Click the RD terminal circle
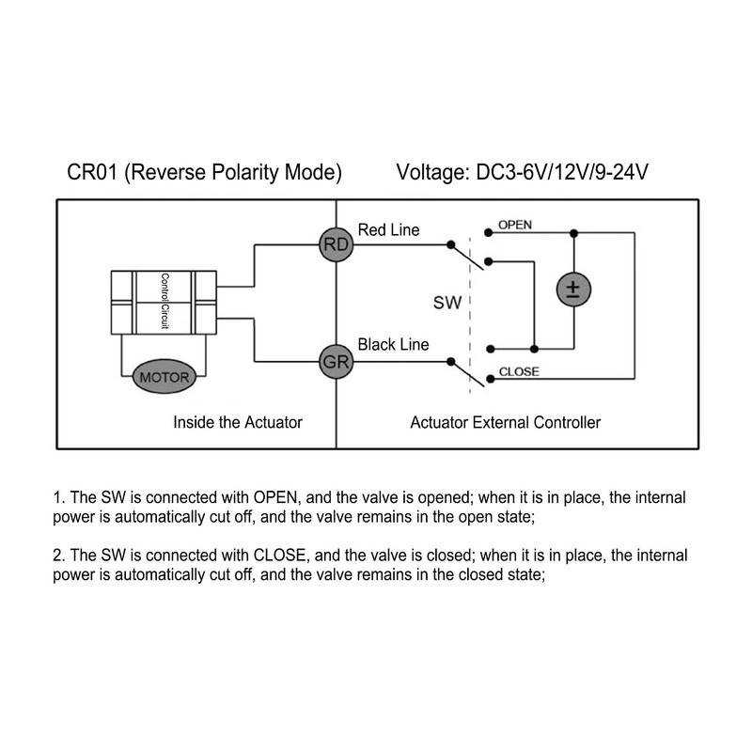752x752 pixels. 337,244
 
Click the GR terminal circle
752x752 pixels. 337,362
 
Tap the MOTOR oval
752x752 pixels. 164,377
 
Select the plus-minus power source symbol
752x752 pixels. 573,290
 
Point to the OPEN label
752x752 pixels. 515,225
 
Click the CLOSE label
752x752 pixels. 519,371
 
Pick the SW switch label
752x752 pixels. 447,303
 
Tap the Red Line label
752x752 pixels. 388,229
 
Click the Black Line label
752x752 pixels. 393,344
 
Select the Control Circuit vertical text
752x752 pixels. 164,301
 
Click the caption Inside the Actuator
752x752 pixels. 238,422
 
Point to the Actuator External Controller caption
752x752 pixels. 506,422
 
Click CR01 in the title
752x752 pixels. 92,172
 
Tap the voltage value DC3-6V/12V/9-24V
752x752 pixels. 562,172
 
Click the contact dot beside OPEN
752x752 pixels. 488,233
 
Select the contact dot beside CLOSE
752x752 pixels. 490,379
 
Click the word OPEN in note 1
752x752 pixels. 275,497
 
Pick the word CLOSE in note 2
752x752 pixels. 279,555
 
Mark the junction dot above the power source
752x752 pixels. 573,233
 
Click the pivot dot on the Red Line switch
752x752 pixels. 451,245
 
